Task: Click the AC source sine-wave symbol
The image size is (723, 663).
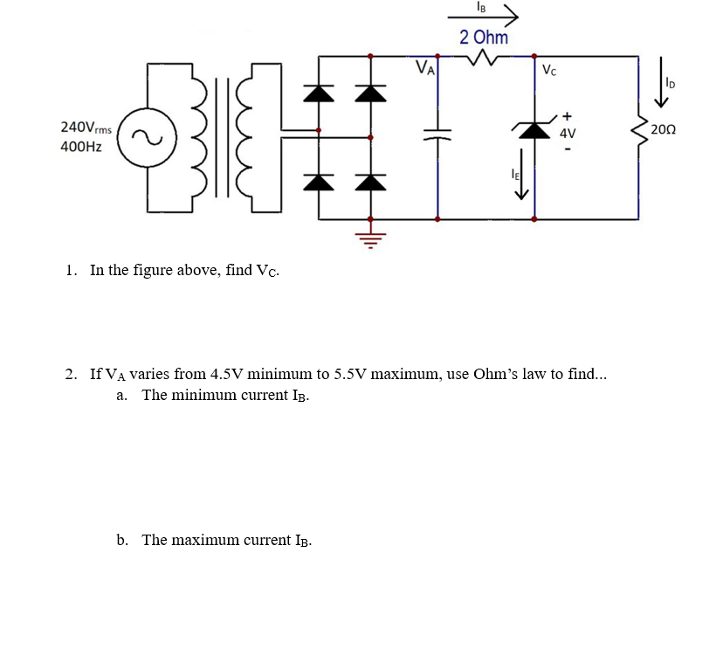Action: tap(142, 137)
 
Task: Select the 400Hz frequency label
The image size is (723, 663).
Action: tap(80, 147)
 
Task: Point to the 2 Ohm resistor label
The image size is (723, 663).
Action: tap(483, 37)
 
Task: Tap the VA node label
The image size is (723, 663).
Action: tap(425, 66)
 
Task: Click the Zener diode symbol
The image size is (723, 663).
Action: tap(534, 129)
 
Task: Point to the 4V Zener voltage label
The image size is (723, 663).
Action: tap(568, 134)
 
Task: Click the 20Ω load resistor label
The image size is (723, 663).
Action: tap(664, 129)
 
